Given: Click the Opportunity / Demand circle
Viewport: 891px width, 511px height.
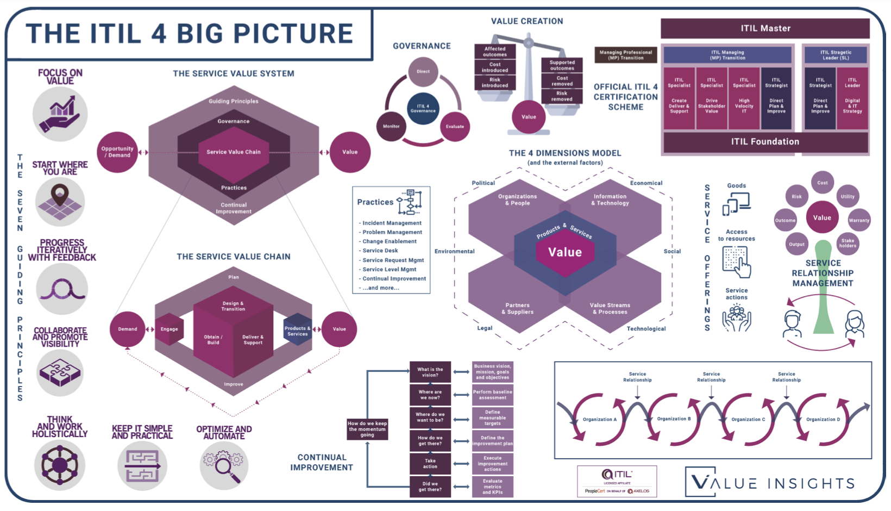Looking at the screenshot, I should (x=117, y=152).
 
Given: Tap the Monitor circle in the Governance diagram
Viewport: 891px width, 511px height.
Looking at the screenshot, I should (x=391, y=126).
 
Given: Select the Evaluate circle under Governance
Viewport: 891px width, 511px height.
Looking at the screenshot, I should (x=455, y=126).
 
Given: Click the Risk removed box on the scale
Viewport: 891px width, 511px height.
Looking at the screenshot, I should (x=562, y=96).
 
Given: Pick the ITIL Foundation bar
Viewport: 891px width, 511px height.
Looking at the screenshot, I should (x=765, y=142).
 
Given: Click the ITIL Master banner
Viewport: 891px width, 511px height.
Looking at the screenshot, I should (x=765, y=28).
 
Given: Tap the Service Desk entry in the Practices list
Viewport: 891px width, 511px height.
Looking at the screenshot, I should (x=380, y=251).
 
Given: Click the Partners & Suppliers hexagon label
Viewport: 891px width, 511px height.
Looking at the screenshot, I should (x=517, y=309).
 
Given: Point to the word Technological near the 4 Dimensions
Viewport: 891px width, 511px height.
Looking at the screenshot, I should (x=646, y=329).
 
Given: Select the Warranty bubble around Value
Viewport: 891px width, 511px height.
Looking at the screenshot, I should (x=859, y=220).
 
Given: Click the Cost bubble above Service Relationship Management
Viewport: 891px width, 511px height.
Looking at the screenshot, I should (x=823, y=183).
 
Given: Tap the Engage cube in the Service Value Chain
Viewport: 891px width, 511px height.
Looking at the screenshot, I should (x=170, y=329).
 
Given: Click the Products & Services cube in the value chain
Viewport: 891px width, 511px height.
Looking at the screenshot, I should (x=297, y=330).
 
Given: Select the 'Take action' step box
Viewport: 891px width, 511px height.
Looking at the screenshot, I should (x=430, y=464).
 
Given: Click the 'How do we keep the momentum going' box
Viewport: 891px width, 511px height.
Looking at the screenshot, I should (x=367, y=429).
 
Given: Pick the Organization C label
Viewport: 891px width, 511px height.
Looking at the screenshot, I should (x=748, y=419).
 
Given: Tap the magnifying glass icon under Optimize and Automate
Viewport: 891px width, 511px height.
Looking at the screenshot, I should (x=224, y=465).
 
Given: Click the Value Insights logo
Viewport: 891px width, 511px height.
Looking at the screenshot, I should (x=770, y=482).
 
